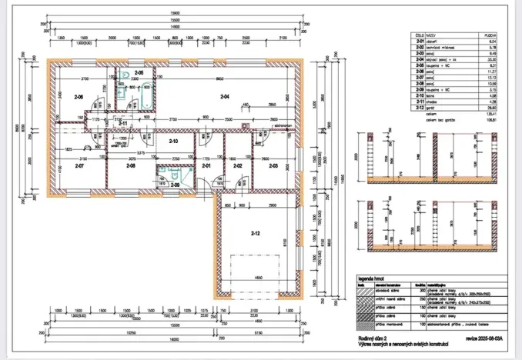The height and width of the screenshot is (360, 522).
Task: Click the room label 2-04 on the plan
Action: coord(224,97)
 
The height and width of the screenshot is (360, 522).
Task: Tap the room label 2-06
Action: coord(78,98)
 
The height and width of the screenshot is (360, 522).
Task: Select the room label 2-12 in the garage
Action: coord(256,232)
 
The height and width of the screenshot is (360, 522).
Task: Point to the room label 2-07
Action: coord(79,166)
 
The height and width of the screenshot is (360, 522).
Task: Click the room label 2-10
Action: coord(174,142)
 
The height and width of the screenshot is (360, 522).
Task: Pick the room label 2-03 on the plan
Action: coord(273,166)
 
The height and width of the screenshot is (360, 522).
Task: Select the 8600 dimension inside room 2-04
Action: coord(220,80)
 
